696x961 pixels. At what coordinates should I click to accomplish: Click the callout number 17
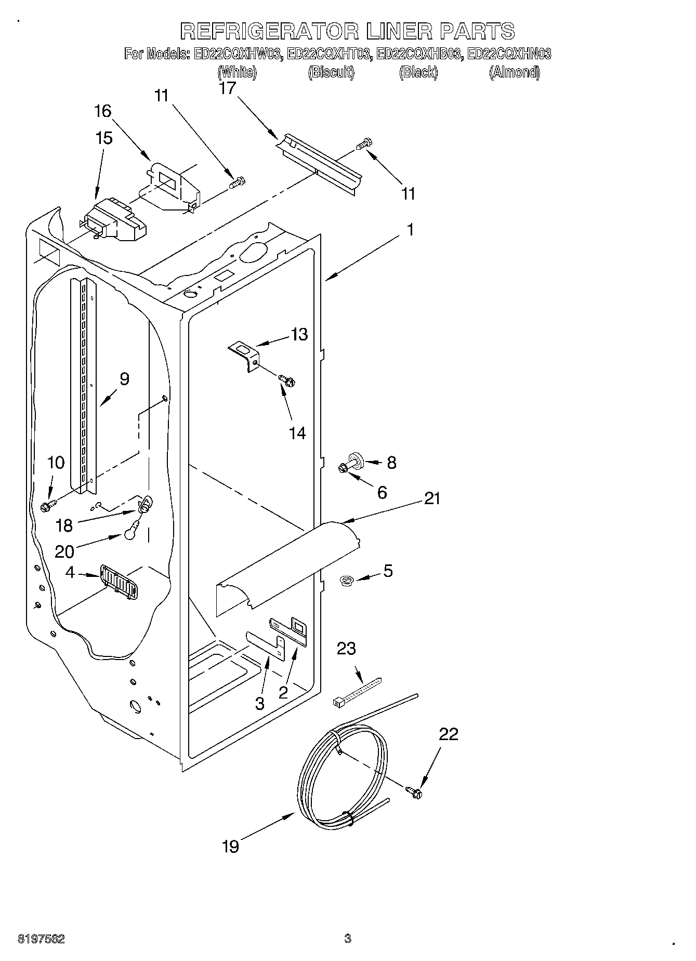[227, 88]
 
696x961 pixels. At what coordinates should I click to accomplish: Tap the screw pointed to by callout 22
[414, 792]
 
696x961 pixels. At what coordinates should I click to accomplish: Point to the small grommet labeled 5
[346, 581]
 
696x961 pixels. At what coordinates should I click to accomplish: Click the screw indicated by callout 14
[286, 381]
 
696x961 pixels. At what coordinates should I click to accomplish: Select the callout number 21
[432, 499]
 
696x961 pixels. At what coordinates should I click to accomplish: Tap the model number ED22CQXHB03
[418, 54]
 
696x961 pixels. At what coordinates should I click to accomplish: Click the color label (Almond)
[514, 72]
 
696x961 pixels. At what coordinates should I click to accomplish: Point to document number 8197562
[42, 939]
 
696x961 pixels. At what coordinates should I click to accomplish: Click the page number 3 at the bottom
[348, 938]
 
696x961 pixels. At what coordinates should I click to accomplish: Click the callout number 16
[103, 111]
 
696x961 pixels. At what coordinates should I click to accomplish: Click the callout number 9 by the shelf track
[124, 379]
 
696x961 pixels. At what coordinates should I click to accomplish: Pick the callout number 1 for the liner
[410, 229]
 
